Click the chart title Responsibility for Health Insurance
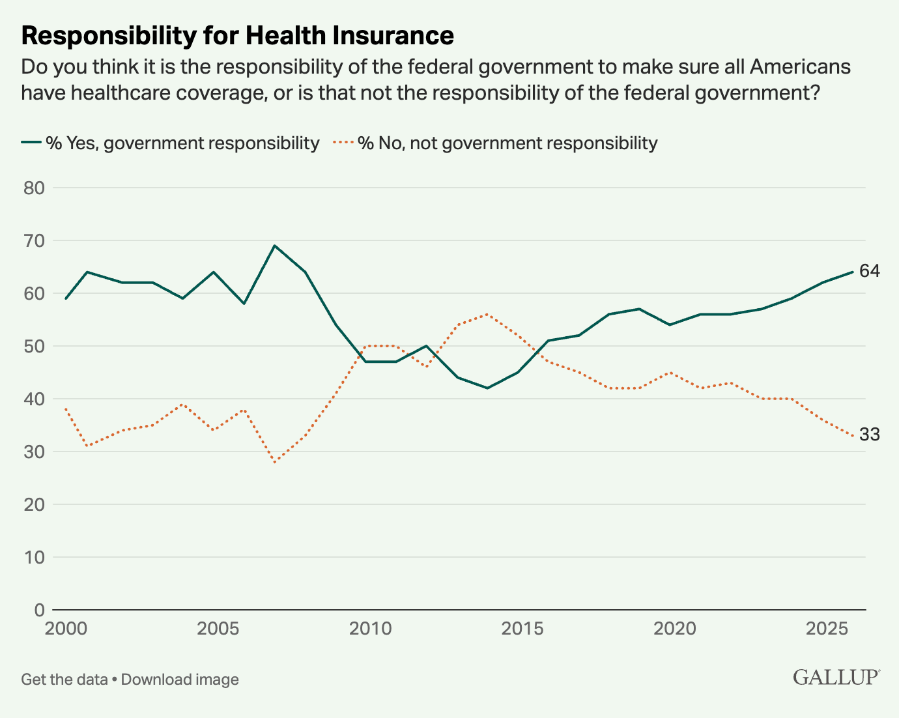point(237,36)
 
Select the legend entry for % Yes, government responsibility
point(171,143)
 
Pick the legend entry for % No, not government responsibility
point(496,143)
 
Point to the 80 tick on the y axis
point(35,188)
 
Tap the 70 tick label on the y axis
point(35,240)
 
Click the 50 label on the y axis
point(35,346)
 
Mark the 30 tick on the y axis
point(35,452)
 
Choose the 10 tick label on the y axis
point(35,557)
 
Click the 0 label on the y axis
point(40,610)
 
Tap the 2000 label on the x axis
point(66,629)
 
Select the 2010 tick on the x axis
point(370,629)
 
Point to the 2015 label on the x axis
point(522,629)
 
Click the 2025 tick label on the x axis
point(827,629)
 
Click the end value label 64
point(869,271)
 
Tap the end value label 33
point(869,435)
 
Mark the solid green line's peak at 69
point(274,246)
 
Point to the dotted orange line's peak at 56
point(487,314)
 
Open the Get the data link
point(64,680)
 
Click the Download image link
point(180,680)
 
